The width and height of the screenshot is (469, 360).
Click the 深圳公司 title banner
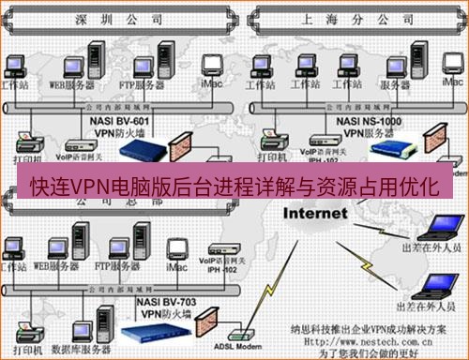pyautogui.click(x=113, y=18)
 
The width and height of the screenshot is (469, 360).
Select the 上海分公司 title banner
pyautogui.click(x=349, y=18)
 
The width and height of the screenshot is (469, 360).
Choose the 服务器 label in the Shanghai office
pyautogui.click(x=397, y=84)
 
